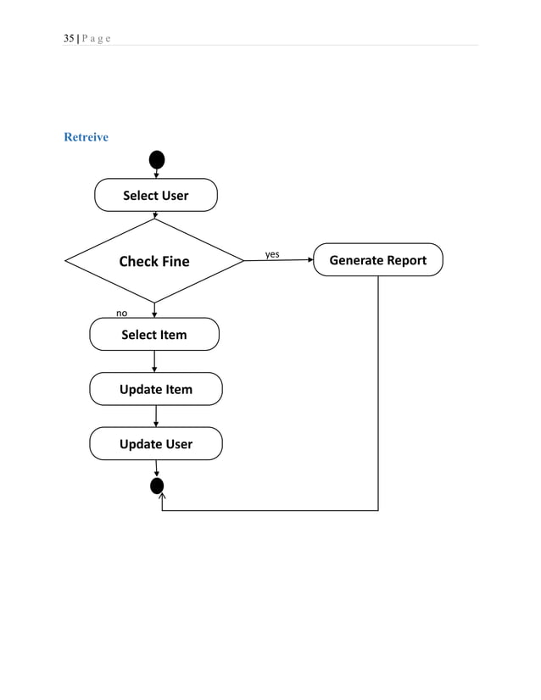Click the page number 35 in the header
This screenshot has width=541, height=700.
(69, 38)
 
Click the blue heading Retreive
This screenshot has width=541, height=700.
(86, 137)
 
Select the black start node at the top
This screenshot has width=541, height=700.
(156, 159)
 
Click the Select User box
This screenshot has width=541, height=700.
(155, 195)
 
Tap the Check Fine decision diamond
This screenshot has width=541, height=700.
(154, 261)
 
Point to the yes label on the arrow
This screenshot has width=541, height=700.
(272, 254)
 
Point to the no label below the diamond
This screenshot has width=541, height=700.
(122, 313)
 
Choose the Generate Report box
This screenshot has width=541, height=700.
(377, 260)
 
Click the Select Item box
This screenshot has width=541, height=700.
(154, 335)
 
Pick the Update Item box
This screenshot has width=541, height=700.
(156, 389)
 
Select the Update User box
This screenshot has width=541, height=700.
(156, 444)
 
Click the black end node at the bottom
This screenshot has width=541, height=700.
(156, 486)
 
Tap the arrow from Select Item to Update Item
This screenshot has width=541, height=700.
(154, 362)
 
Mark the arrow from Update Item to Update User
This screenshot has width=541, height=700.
(156, 416)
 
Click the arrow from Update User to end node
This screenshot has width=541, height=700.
(156, 469)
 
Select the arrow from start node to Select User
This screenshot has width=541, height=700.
(156, 174)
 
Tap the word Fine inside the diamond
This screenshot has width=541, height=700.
(173, 261)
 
